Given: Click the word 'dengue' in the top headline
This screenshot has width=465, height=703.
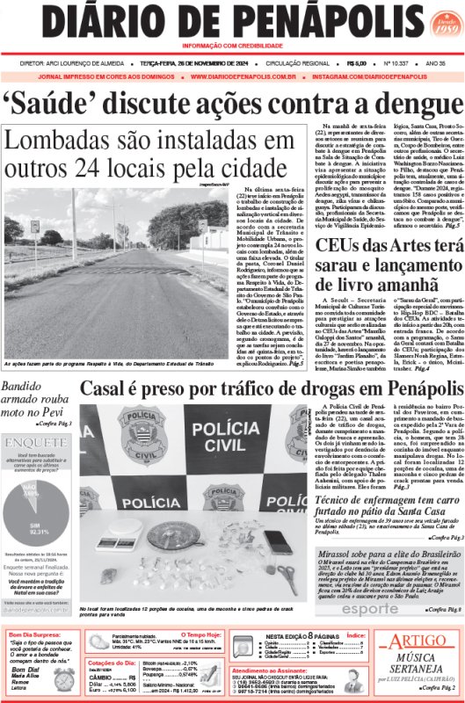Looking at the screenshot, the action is click(402, 107).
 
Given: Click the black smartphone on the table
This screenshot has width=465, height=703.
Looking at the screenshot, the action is click(277, 542).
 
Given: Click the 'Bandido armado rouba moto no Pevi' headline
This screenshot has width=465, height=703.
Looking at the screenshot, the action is click(39, 395).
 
